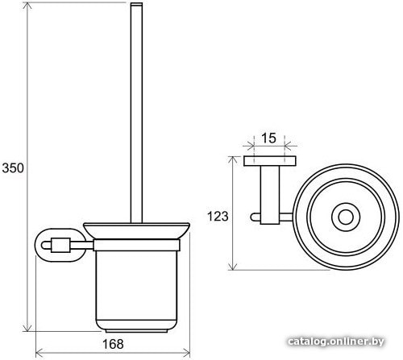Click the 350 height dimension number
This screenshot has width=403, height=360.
(x=13, y=168)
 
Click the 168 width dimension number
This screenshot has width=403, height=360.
(x=113, y=344)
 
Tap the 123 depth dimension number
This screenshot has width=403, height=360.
(x=218, y=216)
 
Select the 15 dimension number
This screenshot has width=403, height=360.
(x=268, y=139)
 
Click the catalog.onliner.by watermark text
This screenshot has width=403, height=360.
(x=336, y=341)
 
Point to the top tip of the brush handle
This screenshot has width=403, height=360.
(x=136, y=3)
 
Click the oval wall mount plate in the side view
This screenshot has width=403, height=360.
(x=39, y=244)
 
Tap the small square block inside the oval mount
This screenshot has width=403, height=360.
(x=60, y=245)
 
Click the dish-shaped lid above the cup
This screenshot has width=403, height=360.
(x=136, y=230)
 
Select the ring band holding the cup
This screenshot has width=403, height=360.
(x=136, y=245)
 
